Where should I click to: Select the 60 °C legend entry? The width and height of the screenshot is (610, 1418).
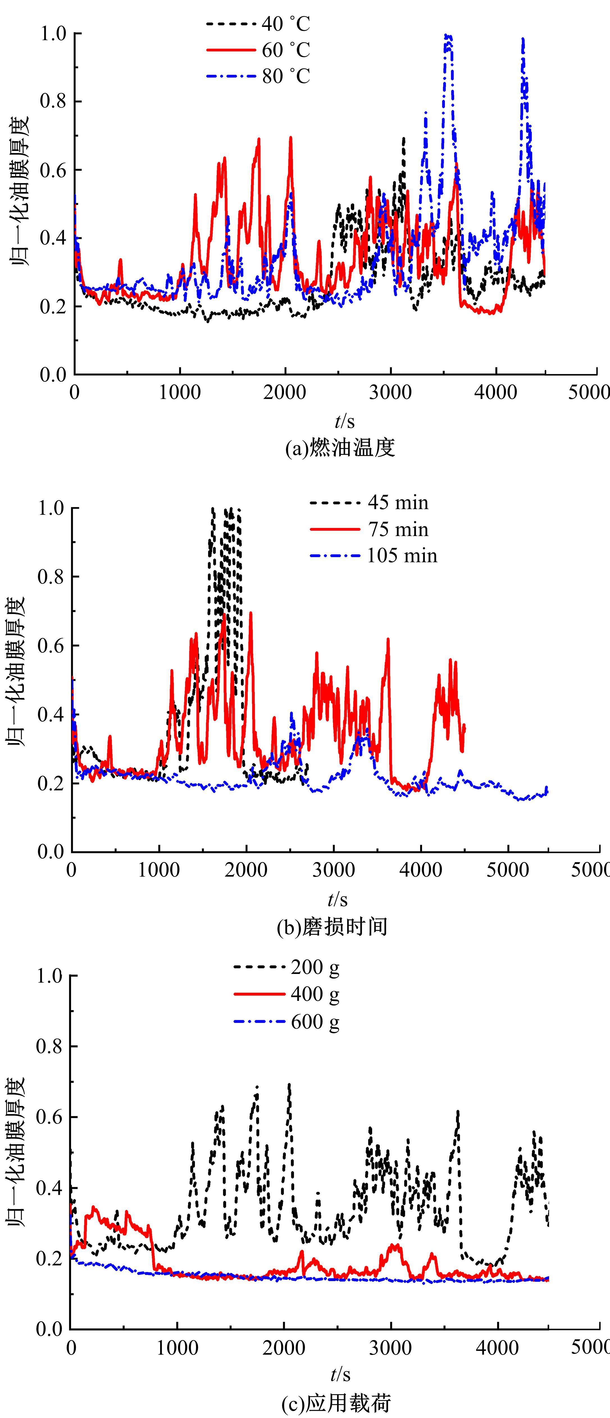(x=258, y=50)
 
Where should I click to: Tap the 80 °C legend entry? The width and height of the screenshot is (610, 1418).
(x=258, y=76)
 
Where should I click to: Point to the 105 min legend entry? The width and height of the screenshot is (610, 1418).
(x=374, y=555)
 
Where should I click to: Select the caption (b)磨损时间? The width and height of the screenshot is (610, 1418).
(x=332, y=927)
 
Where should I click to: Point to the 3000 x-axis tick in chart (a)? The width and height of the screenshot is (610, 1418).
(x=391, y=392)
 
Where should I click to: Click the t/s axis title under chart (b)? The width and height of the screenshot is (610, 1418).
(x=338, y=899)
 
